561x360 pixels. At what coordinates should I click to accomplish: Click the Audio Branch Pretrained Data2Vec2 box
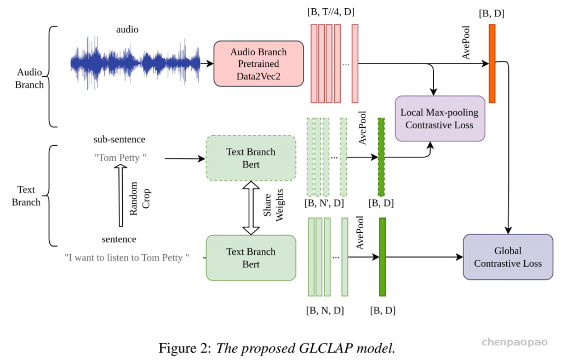(x=259, y=64)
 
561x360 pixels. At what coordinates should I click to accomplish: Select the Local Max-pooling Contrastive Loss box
(x=439, y=118)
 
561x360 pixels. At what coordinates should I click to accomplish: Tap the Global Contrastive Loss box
(x=508, y=257)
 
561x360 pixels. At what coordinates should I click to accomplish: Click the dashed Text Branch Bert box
(x=251, y=158)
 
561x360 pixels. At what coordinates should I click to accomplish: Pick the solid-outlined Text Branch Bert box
(x=251, y=258)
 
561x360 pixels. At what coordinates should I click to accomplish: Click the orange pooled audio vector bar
(x=492, y=64)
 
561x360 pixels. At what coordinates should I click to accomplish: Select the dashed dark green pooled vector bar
(x=381, y=157)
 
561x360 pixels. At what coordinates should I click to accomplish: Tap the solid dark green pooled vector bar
(x=382, y=257)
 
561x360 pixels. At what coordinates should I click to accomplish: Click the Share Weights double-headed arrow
(x=250, y=208)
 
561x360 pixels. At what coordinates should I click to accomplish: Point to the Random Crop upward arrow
(x=120, y=197)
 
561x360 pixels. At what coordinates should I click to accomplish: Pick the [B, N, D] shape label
(x=325, y=310)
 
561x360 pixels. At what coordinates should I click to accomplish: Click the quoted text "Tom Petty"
(x=120, y=158)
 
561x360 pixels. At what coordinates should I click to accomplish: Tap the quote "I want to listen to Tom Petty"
(x=127, y=256)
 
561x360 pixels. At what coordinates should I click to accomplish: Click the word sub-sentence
(x=119, y=140)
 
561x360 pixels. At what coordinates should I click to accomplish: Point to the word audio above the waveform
(x=127, y=30)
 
